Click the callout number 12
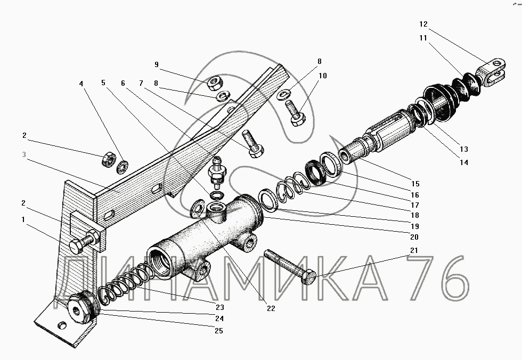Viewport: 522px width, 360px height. pos(423,24)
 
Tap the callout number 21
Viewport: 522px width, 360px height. pos(414,250)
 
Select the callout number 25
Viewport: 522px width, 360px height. pos(219,331)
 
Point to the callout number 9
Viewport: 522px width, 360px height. pos(157,64)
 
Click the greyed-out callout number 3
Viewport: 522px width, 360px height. pos(24,155)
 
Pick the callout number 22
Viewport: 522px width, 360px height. pos(271,308)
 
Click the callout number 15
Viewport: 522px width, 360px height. pos(415,184)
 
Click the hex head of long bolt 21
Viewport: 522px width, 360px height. pos(308,277)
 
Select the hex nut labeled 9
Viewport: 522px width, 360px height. pos(214,83)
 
